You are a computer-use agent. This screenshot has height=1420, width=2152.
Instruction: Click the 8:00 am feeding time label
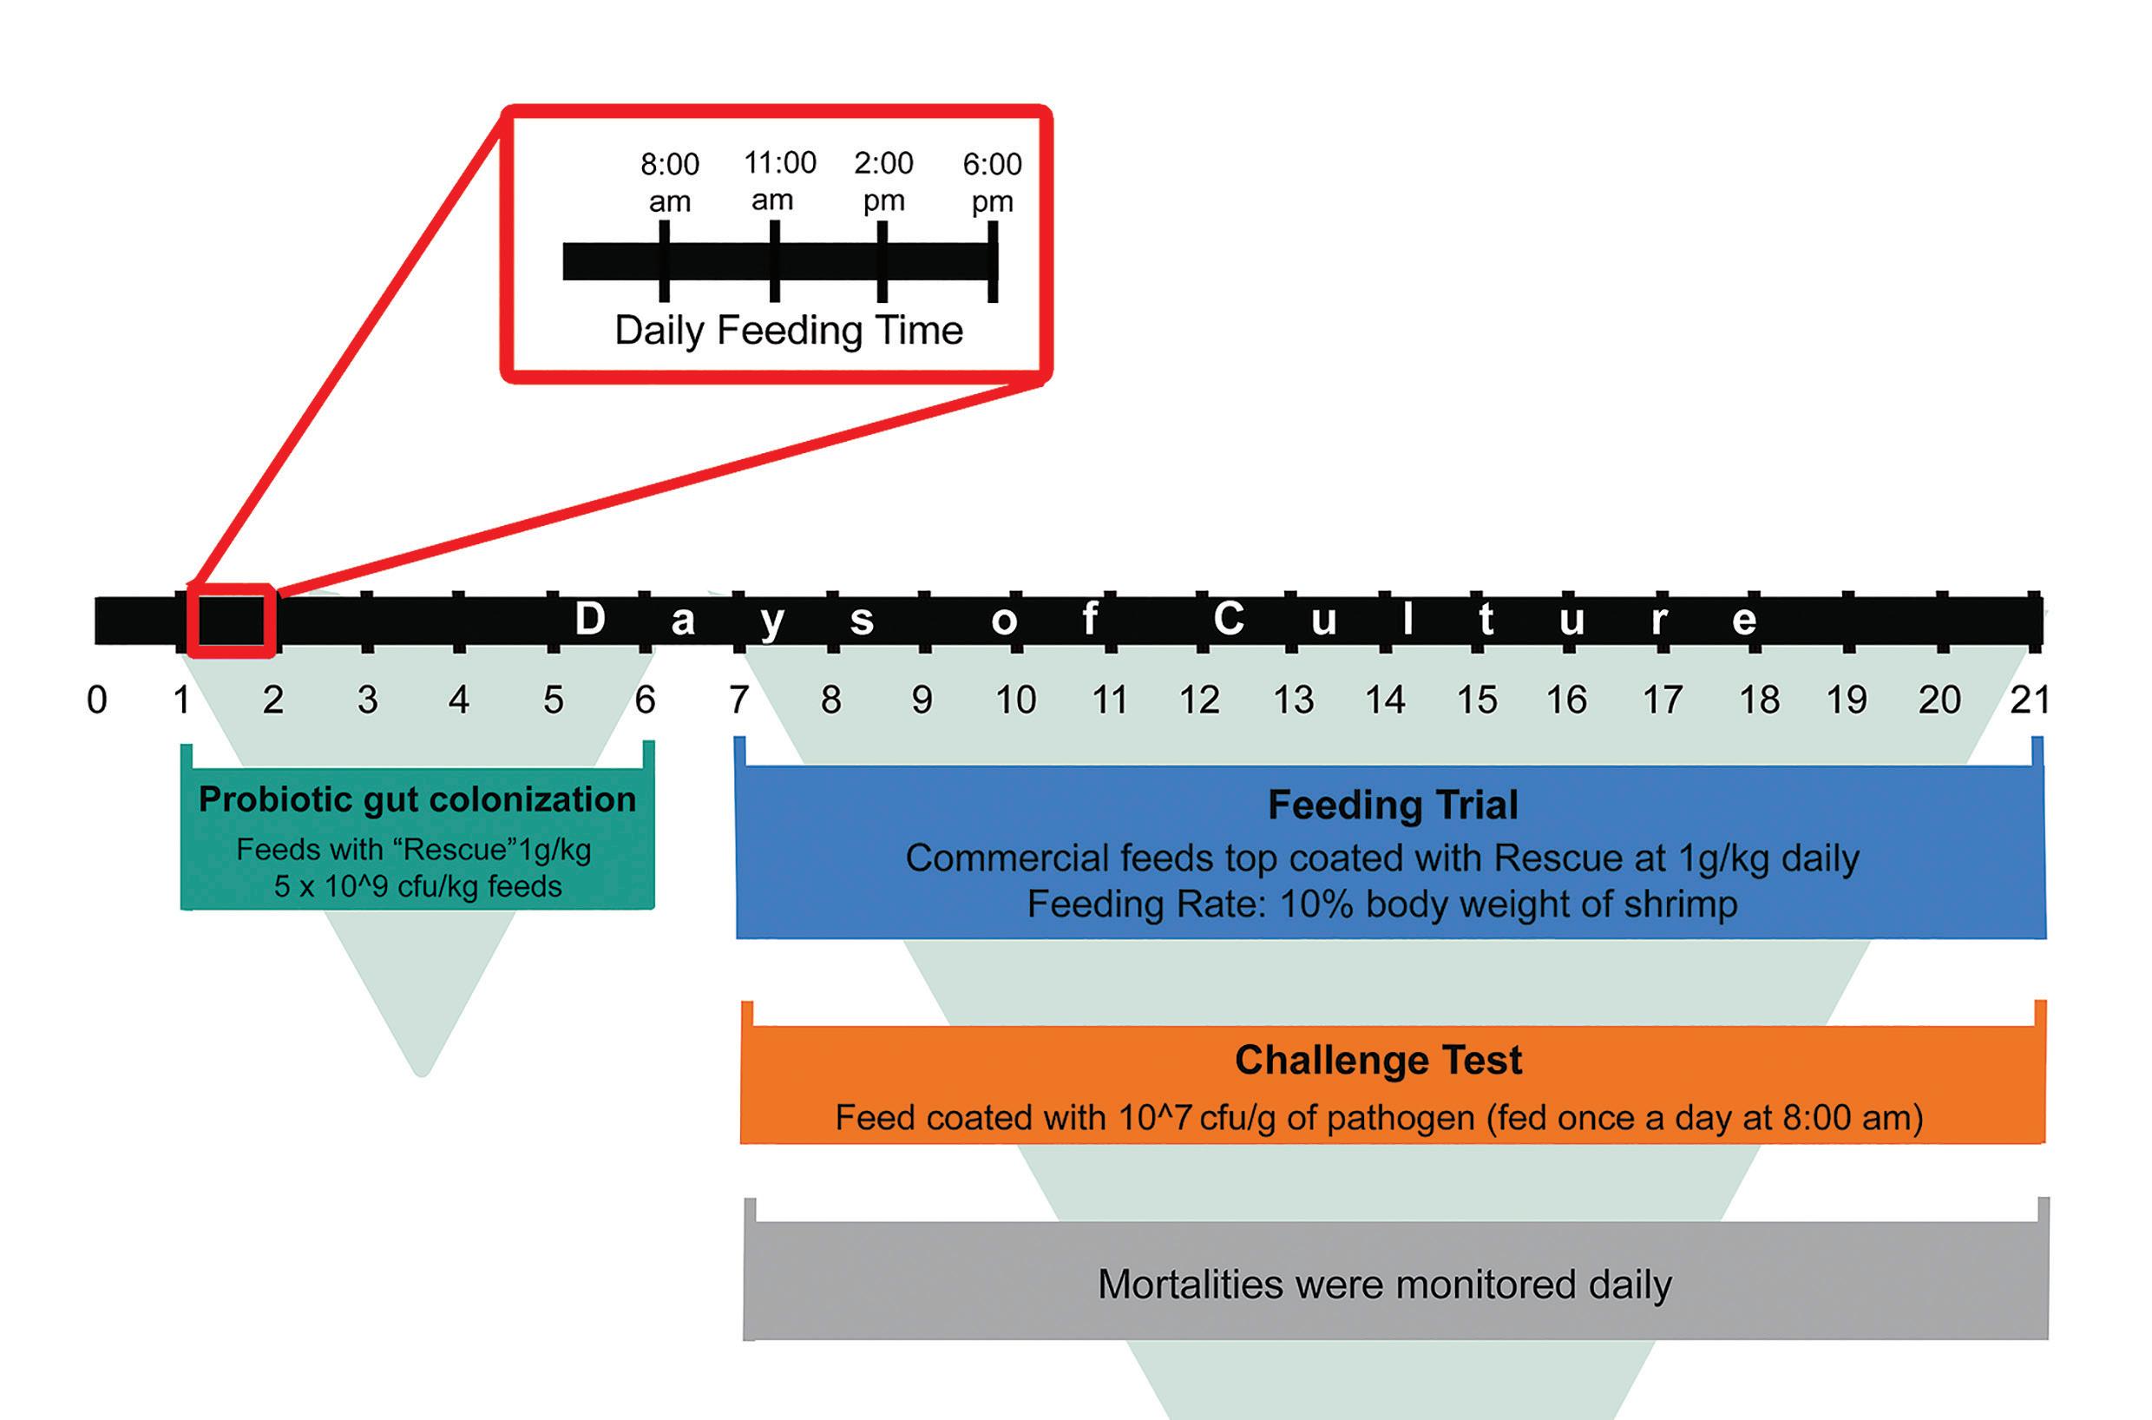pos(670,182)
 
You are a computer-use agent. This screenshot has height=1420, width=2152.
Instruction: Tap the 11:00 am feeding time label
pos(778,181)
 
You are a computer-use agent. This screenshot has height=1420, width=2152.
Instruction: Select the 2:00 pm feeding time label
pos(883,181)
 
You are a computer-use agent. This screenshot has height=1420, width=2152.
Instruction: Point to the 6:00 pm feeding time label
pos(992,182)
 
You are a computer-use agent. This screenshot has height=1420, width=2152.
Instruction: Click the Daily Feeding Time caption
pos(789,331)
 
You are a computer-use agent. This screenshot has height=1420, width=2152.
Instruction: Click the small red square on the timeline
pos(231,621)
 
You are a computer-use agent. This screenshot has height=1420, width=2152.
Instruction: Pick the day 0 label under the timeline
pos(97,700)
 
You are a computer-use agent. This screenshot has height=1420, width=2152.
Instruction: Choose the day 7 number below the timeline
pos(738,700)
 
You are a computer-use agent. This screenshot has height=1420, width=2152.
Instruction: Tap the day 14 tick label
pos(1385,700)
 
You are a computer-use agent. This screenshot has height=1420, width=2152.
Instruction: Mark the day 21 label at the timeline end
pos(2029,700)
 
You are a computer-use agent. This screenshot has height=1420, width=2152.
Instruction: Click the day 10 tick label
pos(1015,700)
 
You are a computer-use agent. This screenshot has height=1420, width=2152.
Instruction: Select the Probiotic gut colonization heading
pos(417,799)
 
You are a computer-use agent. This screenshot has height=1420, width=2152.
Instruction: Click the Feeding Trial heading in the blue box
pos(1393,805)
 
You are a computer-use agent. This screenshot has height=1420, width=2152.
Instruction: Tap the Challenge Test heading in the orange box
pos(1379,1061)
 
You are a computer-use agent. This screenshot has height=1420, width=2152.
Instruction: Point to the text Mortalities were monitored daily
pos(1385,1284)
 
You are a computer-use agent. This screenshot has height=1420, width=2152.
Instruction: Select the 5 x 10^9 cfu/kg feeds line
pos(417,885)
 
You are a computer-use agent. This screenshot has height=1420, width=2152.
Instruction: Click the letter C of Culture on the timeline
pos(1229,620)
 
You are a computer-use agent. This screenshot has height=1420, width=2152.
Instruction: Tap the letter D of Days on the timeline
pos(589,620)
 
